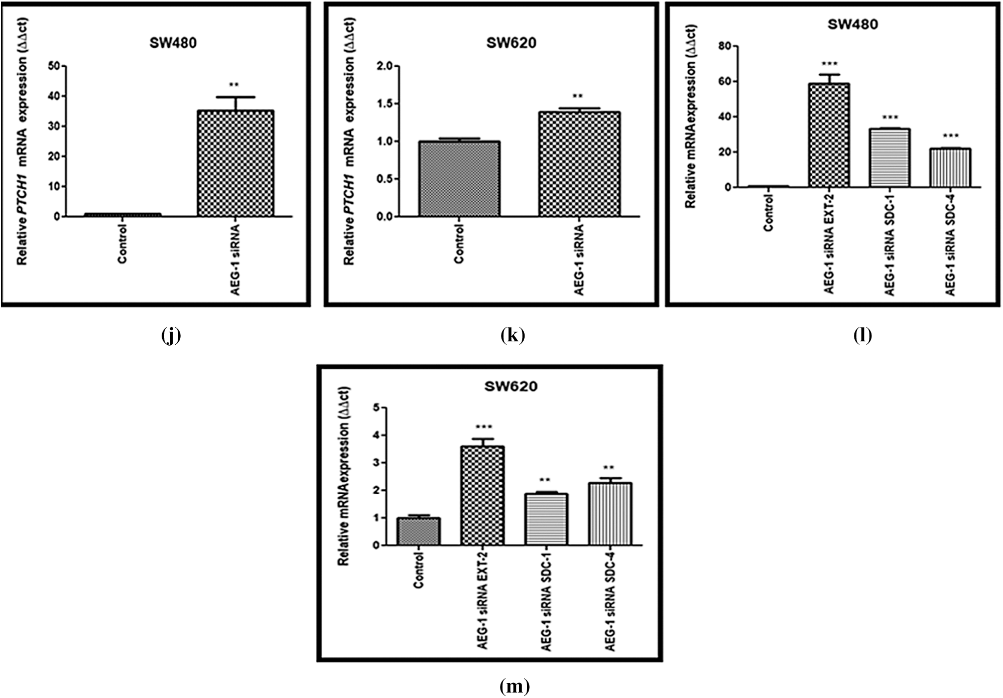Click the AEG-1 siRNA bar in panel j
click(235, 164)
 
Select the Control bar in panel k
click(459, 179)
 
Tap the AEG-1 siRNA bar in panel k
click(579, 164)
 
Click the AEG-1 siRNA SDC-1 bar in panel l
click(889, 158)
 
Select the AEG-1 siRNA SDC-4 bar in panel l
click(950, 168)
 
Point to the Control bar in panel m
click(418, 531)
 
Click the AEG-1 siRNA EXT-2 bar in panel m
click(482, 496)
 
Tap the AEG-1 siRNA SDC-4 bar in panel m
click(610, 514)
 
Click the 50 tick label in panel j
click(54, 66)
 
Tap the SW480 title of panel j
click(173, 43)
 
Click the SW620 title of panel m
click(511, 386)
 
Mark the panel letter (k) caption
click(513, 335)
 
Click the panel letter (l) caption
click(862, 335)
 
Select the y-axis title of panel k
click(349, 141)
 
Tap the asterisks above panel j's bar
click(234, 84)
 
